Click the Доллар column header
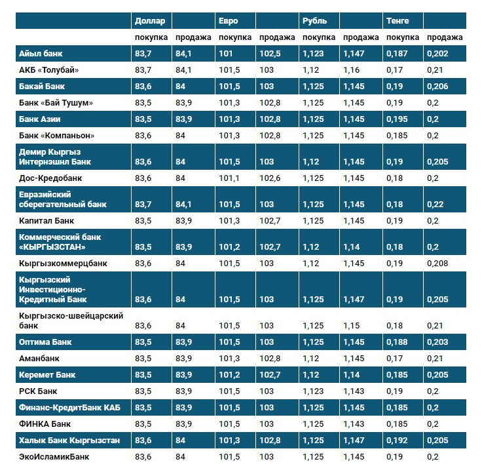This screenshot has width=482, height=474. point(150,21)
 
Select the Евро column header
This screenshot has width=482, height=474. point(229,21)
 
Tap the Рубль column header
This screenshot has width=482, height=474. point(314,21)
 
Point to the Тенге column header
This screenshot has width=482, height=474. point(398,21)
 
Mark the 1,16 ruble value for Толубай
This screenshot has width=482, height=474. point(351,69)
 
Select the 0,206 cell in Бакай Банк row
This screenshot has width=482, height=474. point(437,86)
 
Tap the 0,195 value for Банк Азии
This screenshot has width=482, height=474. point(397,119)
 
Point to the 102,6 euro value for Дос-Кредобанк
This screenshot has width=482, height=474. point(270,178)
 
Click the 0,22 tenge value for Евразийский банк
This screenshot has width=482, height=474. point(434,205)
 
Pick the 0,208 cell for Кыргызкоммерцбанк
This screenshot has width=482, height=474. point(437,264)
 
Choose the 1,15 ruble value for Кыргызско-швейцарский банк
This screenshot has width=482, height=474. point(351,326)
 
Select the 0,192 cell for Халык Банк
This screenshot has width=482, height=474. point(397,441)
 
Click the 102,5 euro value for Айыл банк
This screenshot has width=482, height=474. point(270,53)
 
